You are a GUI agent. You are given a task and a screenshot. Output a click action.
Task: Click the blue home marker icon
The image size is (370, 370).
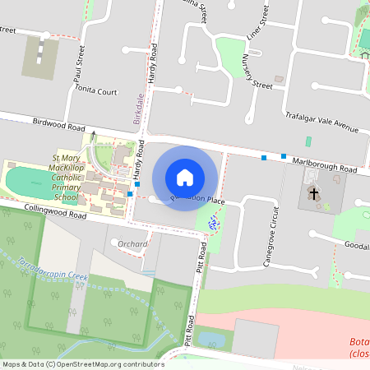tap(185, 177)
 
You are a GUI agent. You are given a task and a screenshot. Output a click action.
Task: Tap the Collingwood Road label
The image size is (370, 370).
tap(54, 214)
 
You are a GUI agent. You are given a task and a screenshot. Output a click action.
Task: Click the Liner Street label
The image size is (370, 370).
tap(257, 25)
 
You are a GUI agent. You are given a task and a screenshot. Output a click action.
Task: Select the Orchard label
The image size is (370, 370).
tap(132, 244)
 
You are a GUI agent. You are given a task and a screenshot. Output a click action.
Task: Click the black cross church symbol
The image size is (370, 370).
tap(313, 192)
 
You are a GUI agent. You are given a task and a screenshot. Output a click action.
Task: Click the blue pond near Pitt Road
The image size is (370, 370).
tap(210, 339)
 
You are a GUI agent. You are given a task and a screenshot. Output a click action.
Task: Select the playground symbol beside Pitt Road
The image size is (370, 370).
tap(213, 221)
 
